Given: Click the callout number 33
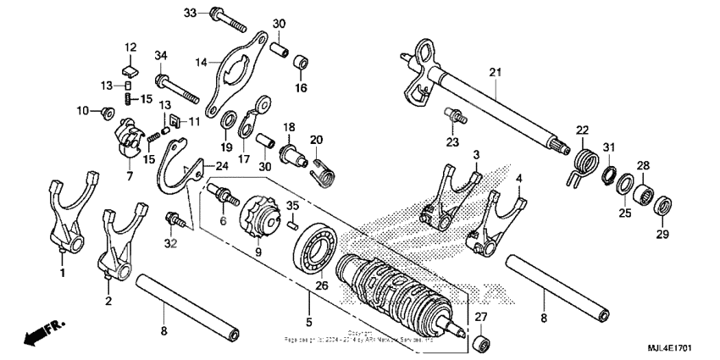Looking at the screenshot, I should point(189,13).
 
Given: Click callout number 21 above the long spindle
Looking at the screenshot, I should point(495,72).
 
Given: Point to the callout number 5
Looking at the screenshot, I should point(309,322).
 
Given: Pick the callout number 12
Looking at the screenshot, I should point(130,47).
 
